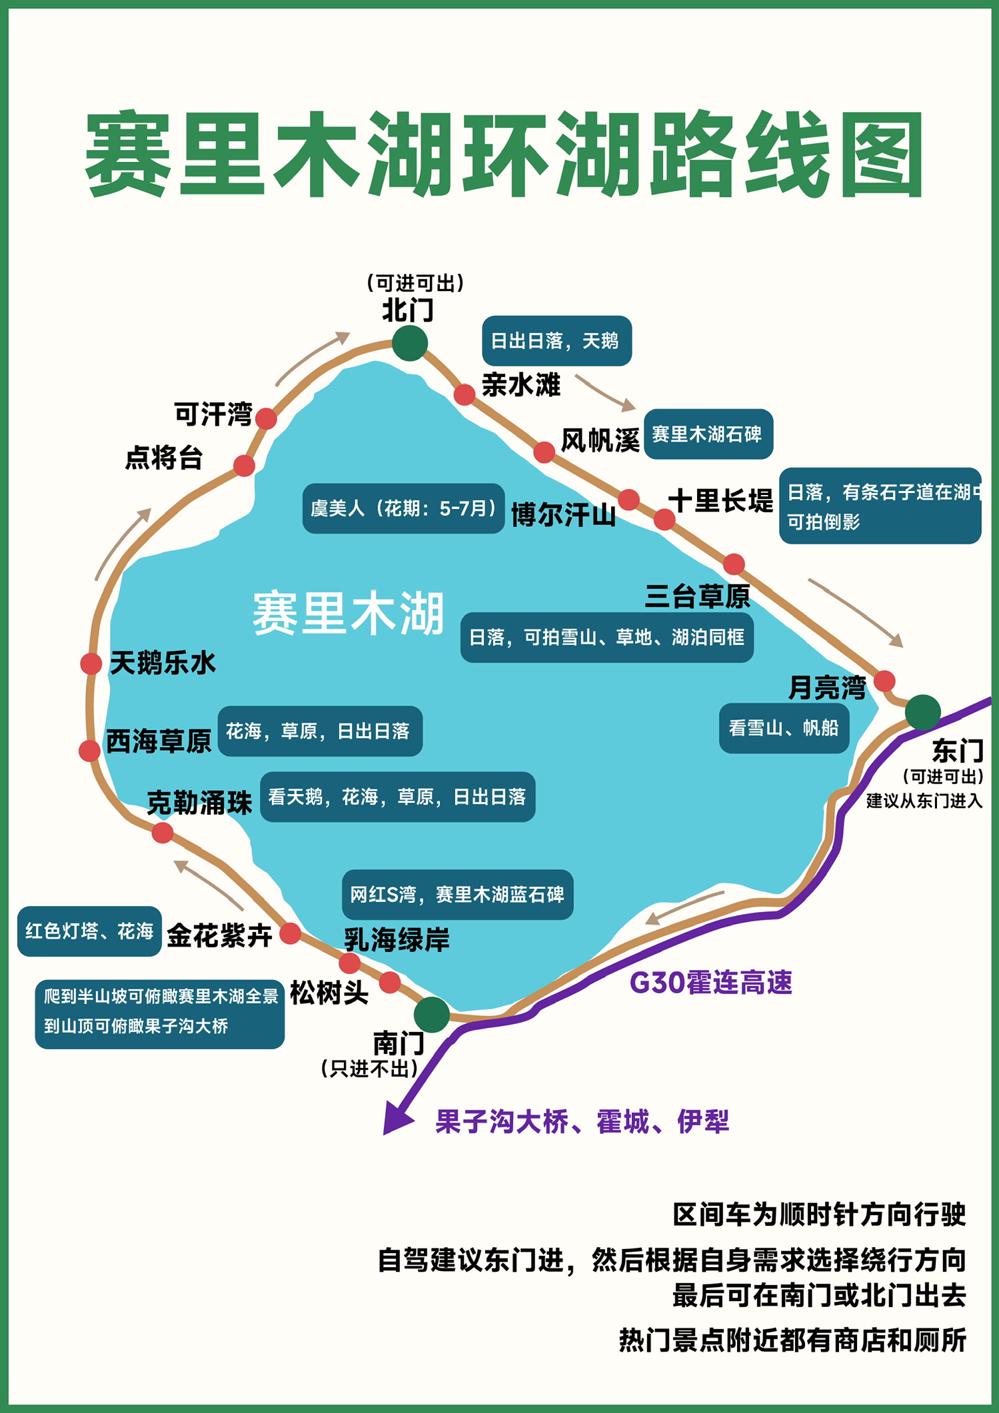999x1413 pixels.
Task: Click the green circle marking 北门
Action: coord(409,343)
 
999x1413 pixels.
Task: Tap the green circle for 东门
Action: coord(922,712)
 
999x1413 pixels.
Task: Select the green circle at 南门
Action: coord(431,1015)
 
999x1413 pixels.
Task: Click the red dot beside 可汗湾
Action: coord(266,418)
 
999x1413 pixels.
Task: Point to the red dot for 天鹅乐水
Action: coord(91,664)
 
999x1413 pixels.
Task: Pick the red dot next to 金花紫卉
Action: coord(290,933)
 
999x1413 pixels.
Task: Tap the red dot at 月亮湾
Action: coord(884,681)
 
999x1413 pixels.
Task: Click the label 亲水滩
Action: coord(520,385)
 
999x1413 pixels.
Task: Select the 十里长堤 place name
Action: coord(720,500)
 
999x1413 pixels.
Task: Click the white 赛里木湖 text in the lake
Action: coord(348,613)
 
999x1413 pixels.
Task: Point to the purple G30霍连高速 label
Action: coord(710,983)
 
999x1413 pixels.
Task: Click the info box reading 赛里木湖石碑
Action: coord(708,434)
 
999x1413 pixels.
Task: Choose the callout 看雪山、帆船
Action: coord(784,728)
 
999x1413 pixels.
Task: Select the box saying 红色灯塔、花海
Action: coord(89,931)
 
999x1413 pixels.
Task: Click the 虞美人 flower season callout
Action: coord(403,508)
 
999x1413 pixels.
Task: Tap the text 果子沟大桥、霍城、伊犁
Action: coord(582,1122)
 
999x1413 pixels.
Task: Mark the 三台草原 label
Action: coord(697,596)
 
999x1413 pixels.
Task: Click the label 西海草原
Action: coord(159,741)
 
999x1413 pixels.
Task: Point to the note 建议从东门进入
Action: coord(924,801)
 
